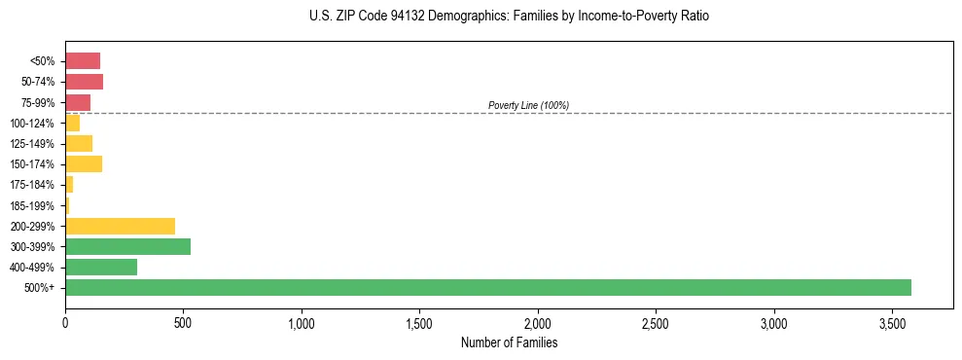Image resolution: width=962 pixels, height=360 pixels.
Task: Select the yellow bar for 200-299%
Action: pos(120,226)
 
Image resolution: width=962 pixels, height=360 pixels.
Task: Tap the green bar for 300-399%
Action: pos(127,246)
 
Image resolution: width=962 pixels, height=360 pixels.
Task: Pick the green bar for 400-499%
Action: pos(101,267)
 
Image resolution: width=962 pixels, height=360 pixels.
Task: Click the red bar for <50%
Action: pos(83,61)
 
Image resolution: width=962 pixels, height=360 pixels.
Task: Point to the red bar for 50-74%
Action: pos(84,82)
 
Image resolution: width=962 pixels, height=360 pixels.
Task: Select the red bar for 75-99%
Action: pos(78,102)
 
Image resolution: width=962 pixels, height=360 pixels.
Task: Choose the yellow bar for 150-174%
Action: pos(84,163)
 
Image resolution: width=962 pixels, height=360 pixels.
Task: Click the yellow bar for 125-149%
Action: pos(79,143)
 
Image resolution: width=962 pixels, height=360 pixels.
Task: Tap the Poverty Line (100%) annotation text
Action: pos(528,105)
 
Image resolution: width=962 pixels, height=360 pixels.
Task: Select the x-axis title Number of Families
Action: pos(509,342)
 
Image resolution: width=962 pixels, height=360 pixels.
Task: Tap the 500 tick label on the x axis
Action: pos(183,323)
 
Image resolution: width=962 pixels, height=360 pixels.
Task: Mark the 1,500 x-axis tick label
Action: pos(419,323)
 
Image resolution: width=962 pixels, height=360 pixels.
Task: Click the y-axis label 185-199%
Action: pos(34,205)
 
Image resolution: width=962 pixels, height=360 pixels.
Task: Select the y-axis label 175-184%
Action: pos(34,185)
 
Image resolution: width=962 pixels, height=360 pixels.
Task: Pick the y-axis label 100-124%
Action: pos(34,123)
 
